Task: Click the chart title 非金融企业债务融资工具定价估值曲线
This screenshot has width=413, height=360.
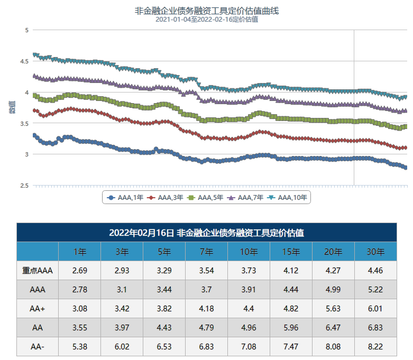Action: (x=206, y=11)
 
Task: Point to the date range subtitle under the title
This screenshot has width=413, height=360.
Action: (x=206, y=20)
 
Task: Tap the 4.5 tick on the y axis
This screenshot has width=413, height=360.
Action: (x=24, y=61)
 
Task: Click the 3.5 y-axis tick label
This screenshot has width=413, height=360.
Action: (x=24, y=124)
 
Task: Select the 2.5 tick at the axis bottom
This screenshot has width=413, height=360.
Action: (x=24, y=186)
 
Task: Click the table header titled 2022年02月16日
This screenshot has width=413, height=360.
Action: (x=206, y=233)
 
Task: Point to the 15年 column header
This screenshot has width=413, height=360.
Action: (x=291, y=252)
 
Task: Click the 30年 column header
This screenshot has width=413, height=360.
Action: (x=375, y=252)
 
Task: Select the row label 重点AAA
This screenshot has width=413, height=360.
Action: (x=38, y=271)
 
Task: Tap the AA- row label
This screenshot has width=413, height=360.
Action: (x=38, y=347)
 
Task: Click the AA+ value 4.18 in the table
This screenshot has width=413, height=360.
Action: (x=206, y=309)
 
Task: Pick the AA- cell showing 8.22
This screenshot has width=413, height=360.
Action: (x=375, y=347)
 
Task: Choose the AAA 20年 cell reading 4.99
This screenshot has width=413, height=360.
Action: (x=333, y=290)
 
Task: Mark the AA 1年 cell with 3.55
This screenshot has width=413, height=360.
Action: (x=79, y=328)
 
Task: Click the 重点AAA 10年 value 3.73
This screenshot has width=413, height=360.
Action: (x=249, y=271)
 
